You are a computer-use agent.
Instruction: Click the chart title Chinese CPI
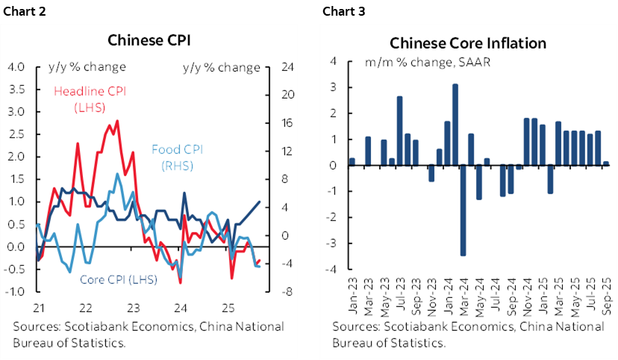147,40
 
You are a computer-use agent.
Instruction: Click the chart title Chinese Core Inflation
467,43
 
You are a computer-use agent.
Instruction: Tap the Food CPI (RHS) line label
177,156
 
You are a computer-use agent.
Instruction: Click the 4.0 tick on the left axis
15,67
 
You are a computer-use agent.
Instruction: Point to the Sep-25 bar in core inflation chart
606,164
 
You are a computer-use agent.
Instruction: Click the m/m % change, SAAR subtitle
427,62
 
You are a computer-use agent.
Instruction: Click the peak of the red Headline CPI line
117,121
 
